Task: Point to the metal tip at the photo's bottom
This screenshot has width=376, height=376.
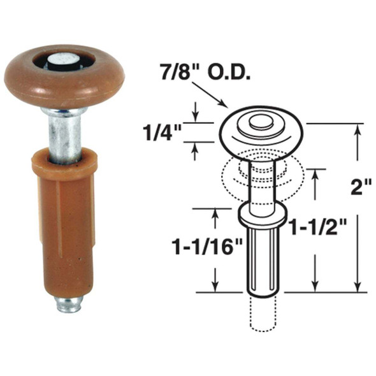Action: [68, 304]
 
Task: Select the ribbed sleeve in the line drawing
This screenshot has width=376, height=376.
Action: [262, 261]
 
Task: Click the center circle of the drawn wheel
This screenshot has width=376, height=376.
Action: [260, 121]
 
